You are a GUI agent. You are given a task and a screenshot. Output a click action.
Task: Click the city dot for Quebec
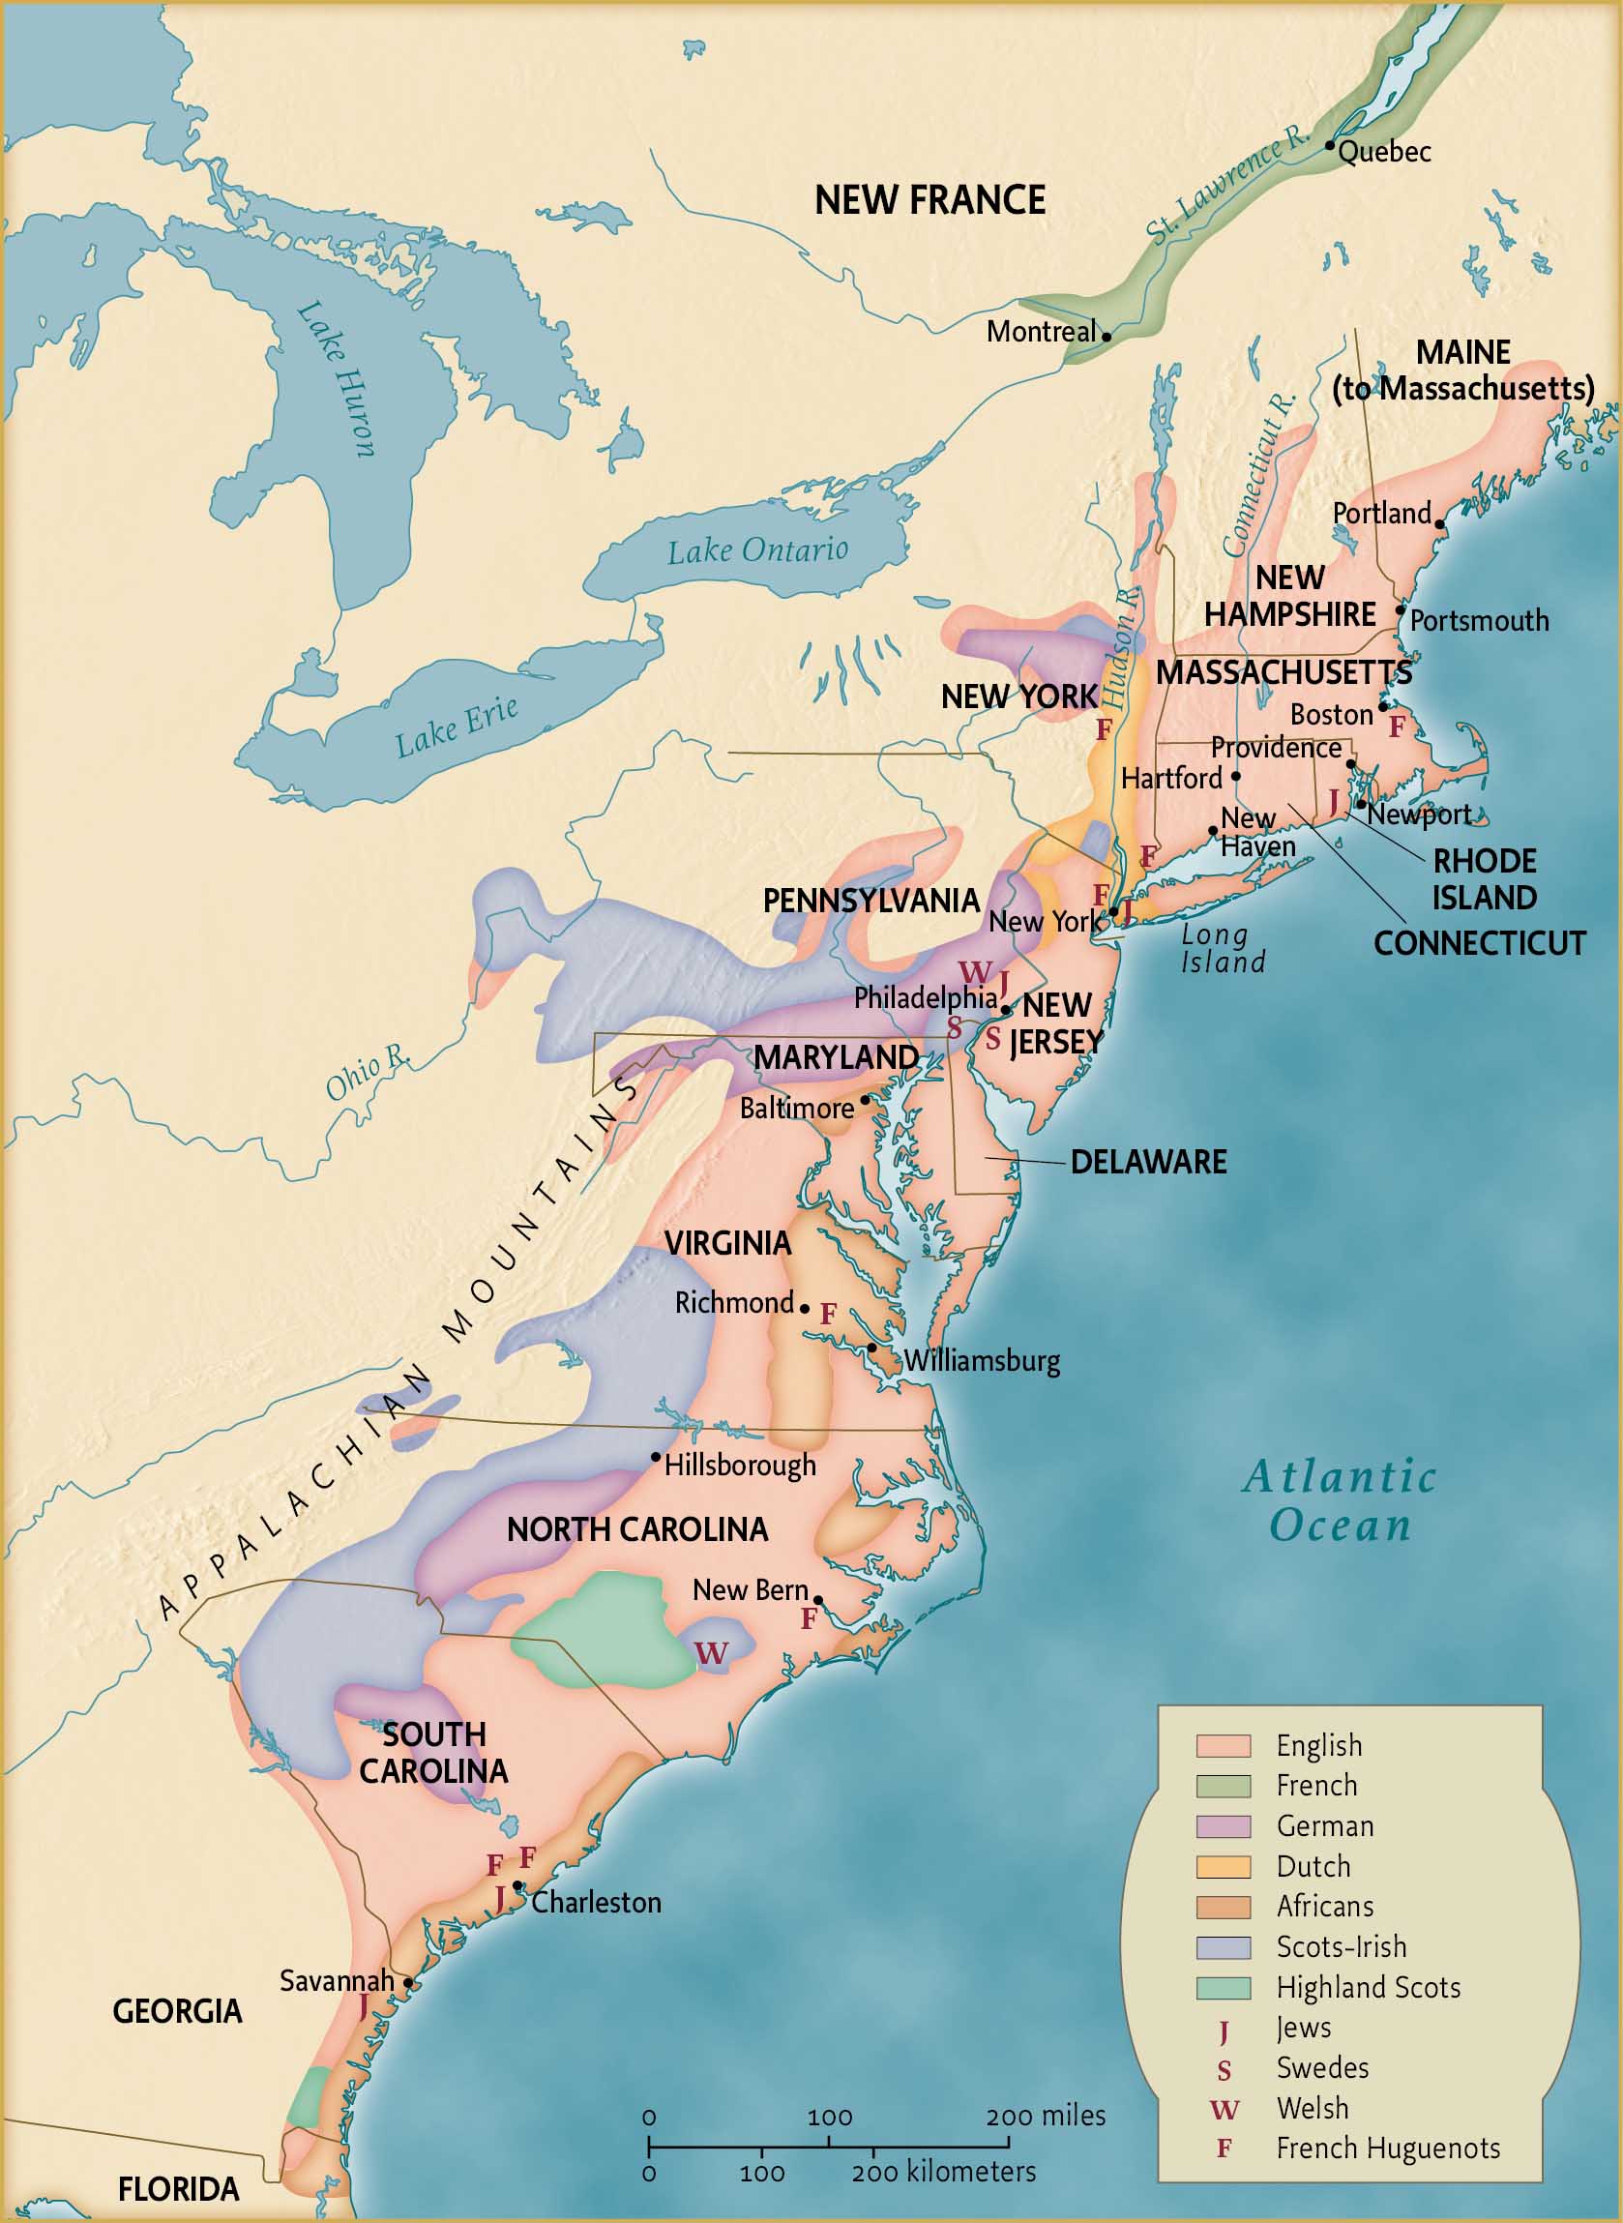pyautogui.click(x=1329, y=144)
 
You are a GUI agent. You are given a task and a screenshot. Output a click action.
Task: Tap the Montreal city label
pyautogui.click(x=1041, y=331)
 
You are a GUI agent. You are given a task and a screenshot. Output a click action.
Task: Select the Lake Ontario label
pyautogui.click(x=757, y=550)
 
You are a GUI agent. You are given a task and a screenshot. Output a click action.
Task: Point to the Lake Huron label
pyautogui.click(x=336, y=379)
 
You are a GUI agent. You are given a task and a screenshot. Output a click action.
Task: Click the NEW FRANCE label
pyautogui.click(x=930, y=200)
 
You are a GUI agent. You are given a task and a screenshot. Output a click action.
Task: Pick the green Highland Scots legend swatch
pyautogui.click(x=1224, y=1988)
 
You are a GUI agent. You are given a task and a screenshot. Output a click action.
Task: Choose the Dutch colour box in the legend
pyautogui.click(x=1224, y=1867)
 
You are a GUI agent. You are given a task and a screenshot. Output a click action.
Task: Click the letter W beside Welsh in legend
pyautogui.click(x=1225, y=2109)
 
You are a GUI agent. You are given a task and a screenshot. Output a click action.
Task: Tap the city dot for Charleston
pyautogui.click(x=517, y=1885)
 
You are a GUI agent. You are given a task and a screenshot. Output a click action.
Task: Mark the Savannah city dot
pyautogui.click(x=409, y=1983)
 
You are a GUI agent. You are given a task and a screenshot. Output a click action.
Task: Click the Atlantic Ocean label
pyautogui.click(x=1340, y=1501)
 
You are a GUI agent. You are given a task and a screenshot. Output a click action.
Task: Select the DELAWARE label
pyautogui.click(x=1147, y=1162)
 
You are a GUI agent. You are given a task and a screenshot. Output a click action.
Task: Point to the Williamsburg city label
pyautogui.click(x=982, y=1360)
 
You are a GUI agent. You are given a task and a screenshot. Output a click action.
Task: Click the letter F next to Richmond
pyautogui.click(x=828, y=1314)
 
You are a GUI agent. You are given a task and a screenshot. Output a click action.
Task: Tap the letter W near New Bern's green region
pyautogui.click(x=711, y=1653)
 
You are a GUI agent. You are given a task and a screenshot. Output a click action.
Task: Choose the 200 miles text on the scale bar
pyautogui.click(x=1046, y=2115)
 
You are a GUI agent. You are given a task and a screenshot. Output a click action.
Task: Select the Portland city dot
pyautogui.click(x=1439, y=524)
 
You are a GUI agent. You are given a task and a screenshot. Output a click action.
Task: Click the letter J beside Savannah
pyautogui.click(x=364, y=2005)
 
